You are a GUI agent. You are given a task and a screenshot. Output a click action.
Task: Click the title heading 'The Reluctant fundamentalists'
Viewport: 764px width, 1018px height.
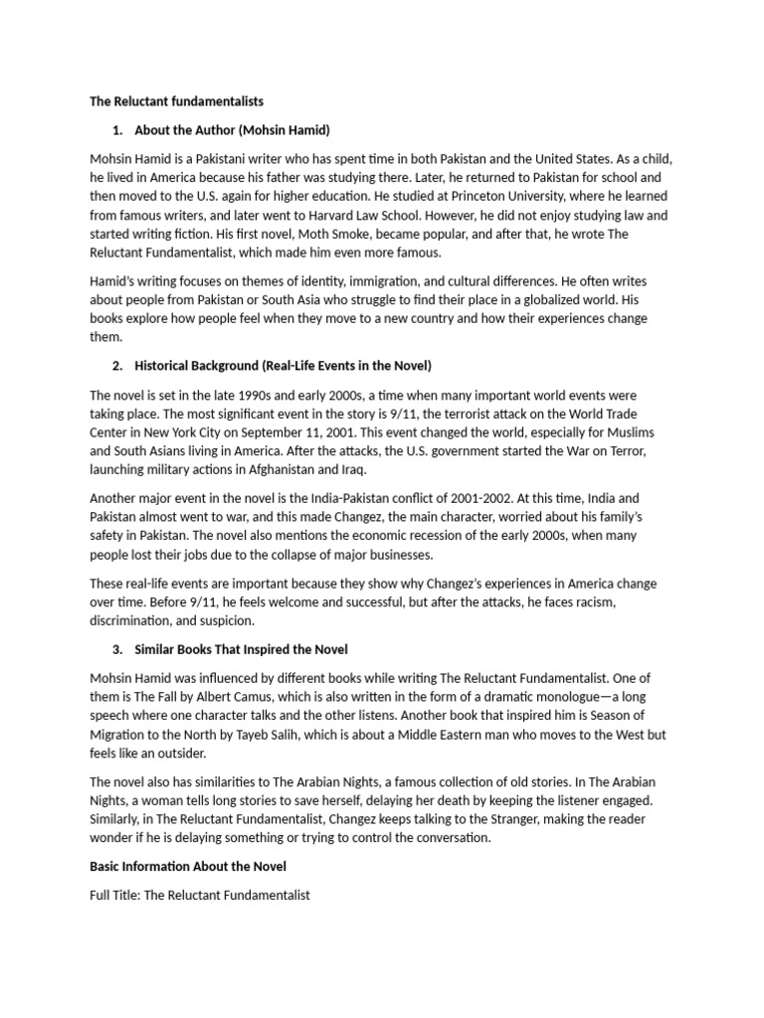coord(176,101)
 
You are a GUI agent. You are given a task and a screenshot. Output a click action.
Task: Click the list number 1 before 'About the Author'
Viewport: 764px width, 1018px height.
coord(117,130)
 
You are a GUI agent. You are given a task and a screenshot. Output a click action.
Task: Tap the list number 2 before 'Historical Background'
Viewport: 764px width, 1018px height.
coord(117,366)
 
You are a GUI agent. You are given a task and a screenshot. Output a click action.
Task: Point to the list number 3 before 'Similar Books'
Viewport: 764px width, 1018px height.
coord(117,649)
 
